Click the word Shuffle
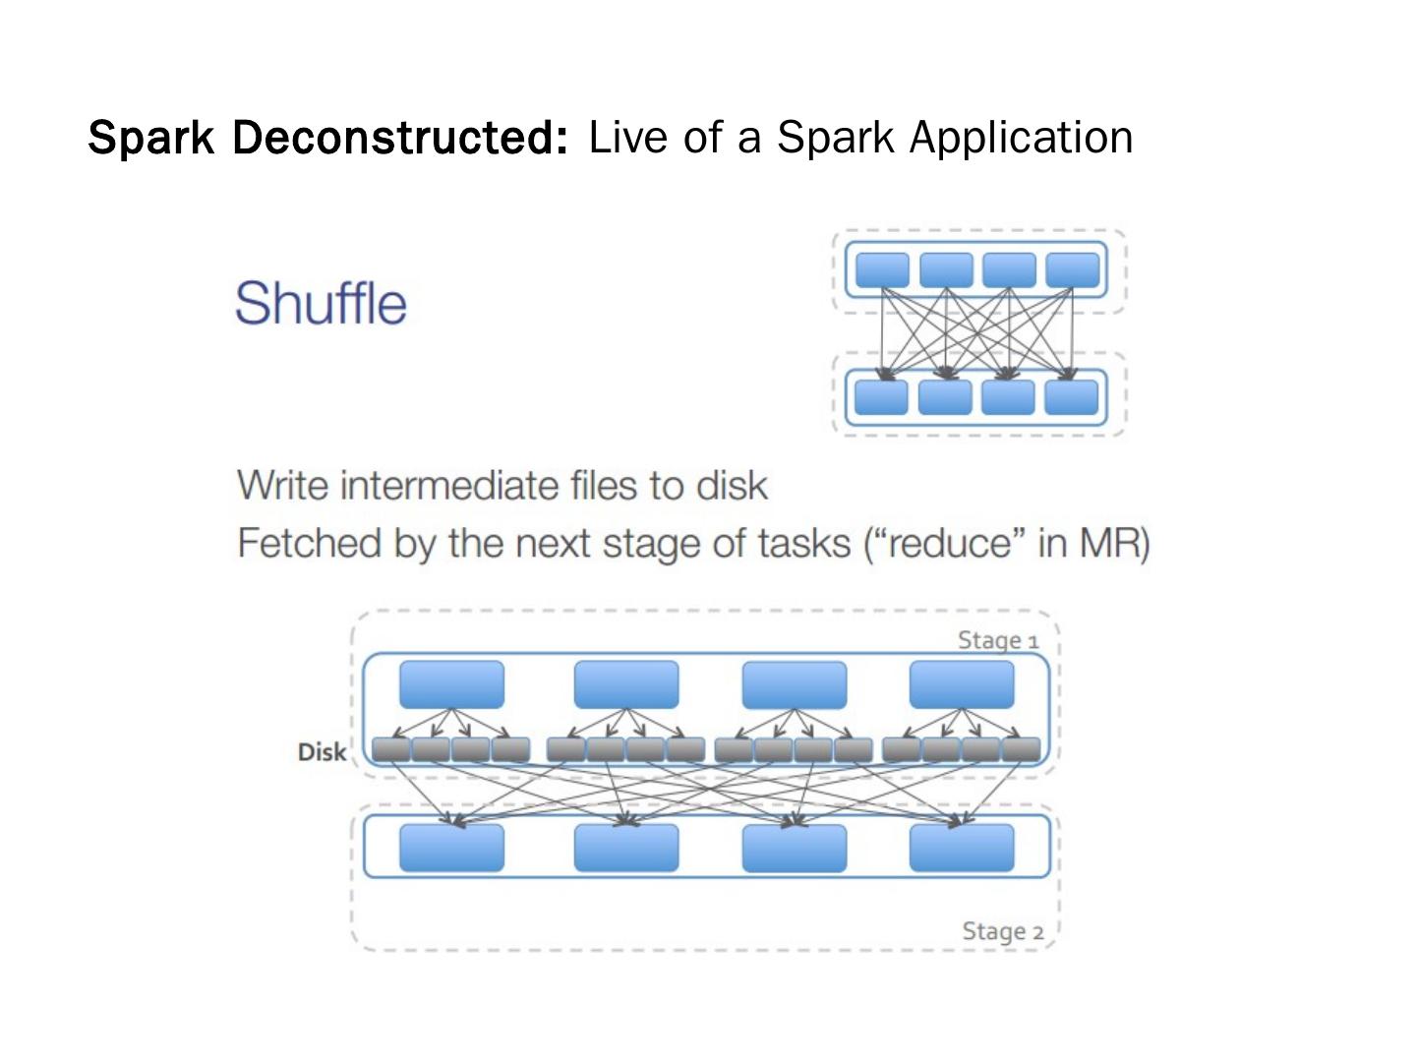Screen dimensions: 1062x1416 click(321, 302)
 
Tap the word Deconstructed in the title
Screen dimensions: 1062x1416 click(400, 137)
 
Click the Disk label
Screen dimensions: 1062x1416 click(322, 752)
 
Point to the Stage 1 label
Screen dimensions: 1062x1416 click(998, 640)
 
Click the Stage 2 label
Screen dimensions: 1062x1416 click(1002, 931)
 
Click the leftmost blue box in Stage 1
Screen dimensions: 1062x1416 click(451, 684)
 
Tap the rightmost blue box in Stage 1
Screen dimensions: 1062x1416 click(961, 684)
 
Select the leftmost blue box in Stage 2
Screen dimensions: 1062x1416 click(451, 848)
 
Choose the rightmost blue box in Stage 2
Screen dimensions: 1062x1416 click(961, 848)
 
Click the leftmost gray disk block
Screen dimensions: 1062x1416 click(391, 750)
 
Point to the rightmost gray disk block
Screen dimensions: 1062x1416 click(1021, 750)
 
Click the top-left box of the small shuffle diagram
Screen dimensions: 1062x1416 click(882, 269)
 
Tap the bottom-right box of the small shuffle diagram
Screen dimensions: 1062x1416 click(1071, 397)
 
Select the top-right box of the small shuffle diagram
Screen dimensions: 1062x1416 click(1072, 269)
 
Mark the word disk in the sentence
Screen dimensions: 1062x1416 click(732, 486)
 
